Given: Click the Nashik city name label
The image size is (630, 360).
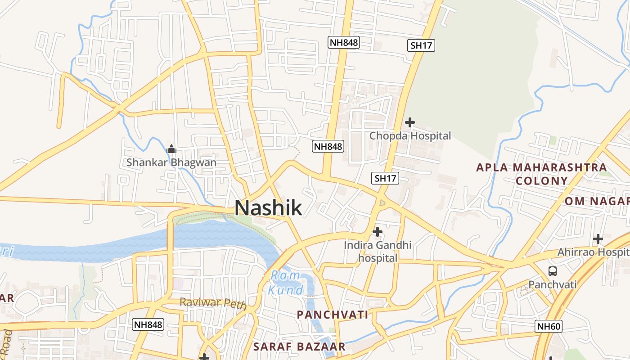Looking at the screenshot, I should (x=268, y=208).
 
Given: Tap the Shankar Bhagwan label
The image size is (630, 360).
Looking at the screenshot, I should (x=171, y=162).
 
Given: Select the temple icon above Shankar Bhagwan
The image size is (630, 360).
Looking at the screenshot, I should (x=171, y=149).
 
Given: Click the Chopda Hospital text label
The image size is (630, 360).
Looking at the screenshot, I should (x=410, y=135).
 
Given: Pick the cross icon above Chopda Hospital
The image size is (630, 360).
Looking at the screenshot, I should (x=410, y=122).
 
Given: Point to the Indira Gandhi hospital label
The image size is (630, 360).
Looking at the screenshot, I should (x=378, y=252).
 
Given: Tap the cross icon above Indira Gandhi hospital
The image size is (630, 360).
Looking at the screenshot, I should (x=378, y=232).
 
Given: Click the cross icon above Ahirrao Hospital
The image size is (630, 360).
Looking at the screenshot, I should (x=598, y=238).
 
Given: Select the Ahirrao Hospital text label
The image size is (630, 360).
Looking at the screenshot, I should (x=593, y=252).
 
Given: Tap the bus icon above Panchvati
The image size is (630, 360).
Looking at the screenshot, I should (x=553, y=271).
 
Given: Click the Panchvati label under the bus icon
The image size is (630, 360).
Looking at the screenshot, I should (x=552, y=284).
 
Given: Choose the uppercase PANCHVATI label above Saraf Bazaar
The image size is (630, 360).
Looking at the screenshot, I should (x=333, y=315).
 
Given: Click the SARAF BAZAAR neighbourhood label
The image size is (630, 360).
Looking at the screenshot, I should (x=299, y=346).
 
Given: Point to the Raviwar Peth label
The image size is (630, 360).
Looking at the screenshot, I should (x=213, y=303).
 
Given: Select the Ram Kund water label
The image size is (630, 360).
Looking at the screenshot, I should (x=286, y=283).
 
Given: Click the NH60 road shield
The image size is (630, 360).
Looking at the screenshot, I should (x=549, y=326).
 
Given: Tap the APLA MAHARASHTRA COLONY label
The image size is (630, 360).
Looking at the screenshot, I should (x=541, y=174).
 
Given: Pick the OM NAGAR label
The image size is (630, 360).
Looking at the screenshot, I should (x=597, y=201).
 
